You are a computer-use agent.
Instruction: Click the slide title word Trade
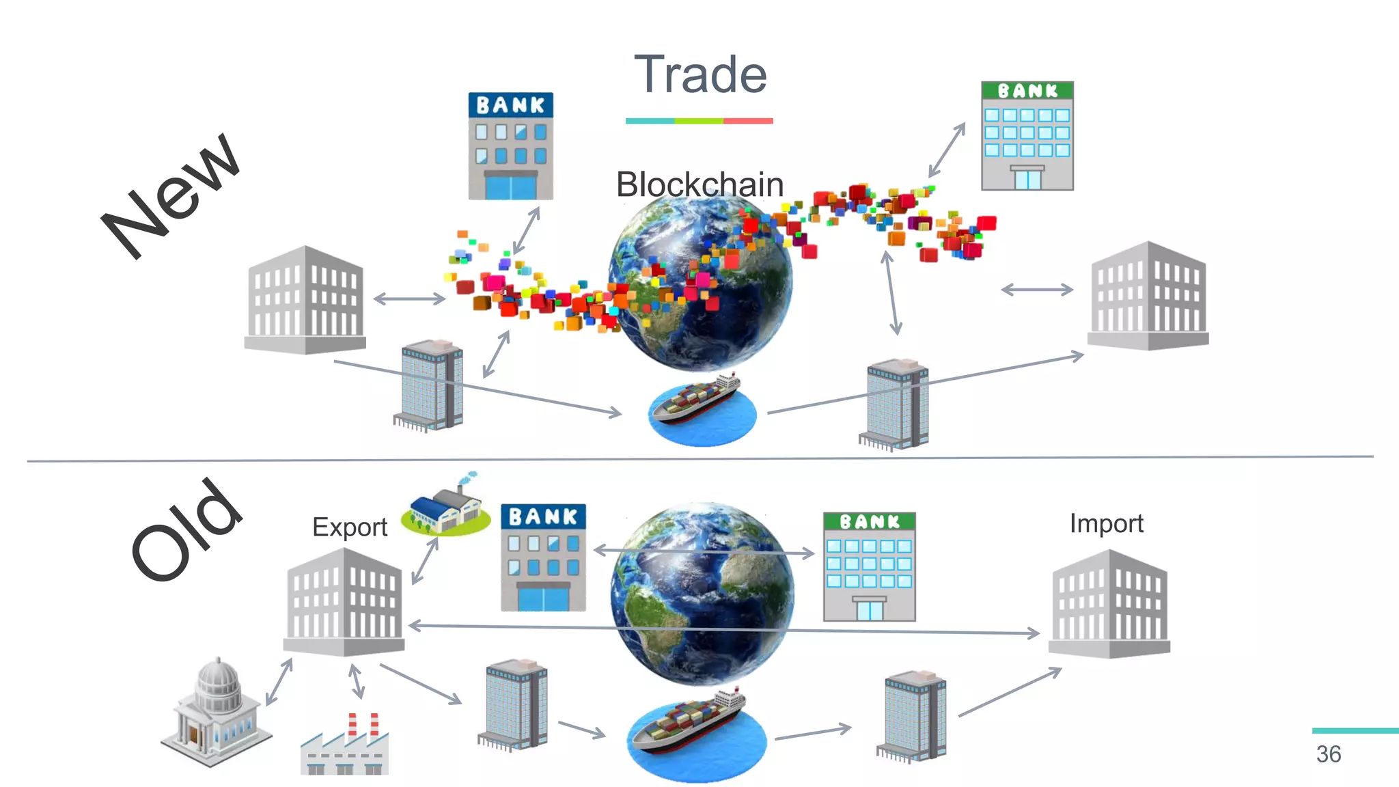click(700, 74)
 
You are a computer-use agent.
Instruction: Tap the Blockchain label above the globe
click(699, 184)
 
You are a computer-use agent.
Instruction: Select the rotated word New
click(171, 194)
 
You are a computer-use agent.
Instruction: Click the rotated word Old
click(186, 529)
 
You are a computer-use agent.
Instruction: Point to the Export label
click(350, 527)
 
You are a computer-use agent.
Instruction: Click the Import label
click(1106, 524)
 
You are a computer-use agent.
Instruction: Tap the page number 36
click(1328, 754)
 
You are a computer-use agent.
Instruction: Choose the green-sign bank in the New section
click(1027, 136)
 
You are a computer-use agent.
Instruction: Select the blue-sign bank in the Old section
click(543, 557)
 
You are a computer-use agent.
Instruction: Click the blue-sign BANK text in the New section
click(510, 105)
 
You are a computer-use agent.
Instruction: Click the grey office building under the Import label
click(1109, 604)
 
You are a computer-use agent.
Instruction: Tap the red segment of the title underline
click(748, 121)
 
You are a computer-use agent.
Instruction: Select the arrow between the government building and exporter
click(279, 682)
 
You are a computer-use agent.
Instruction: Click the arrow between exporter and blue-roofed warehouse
click(425, 561)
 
